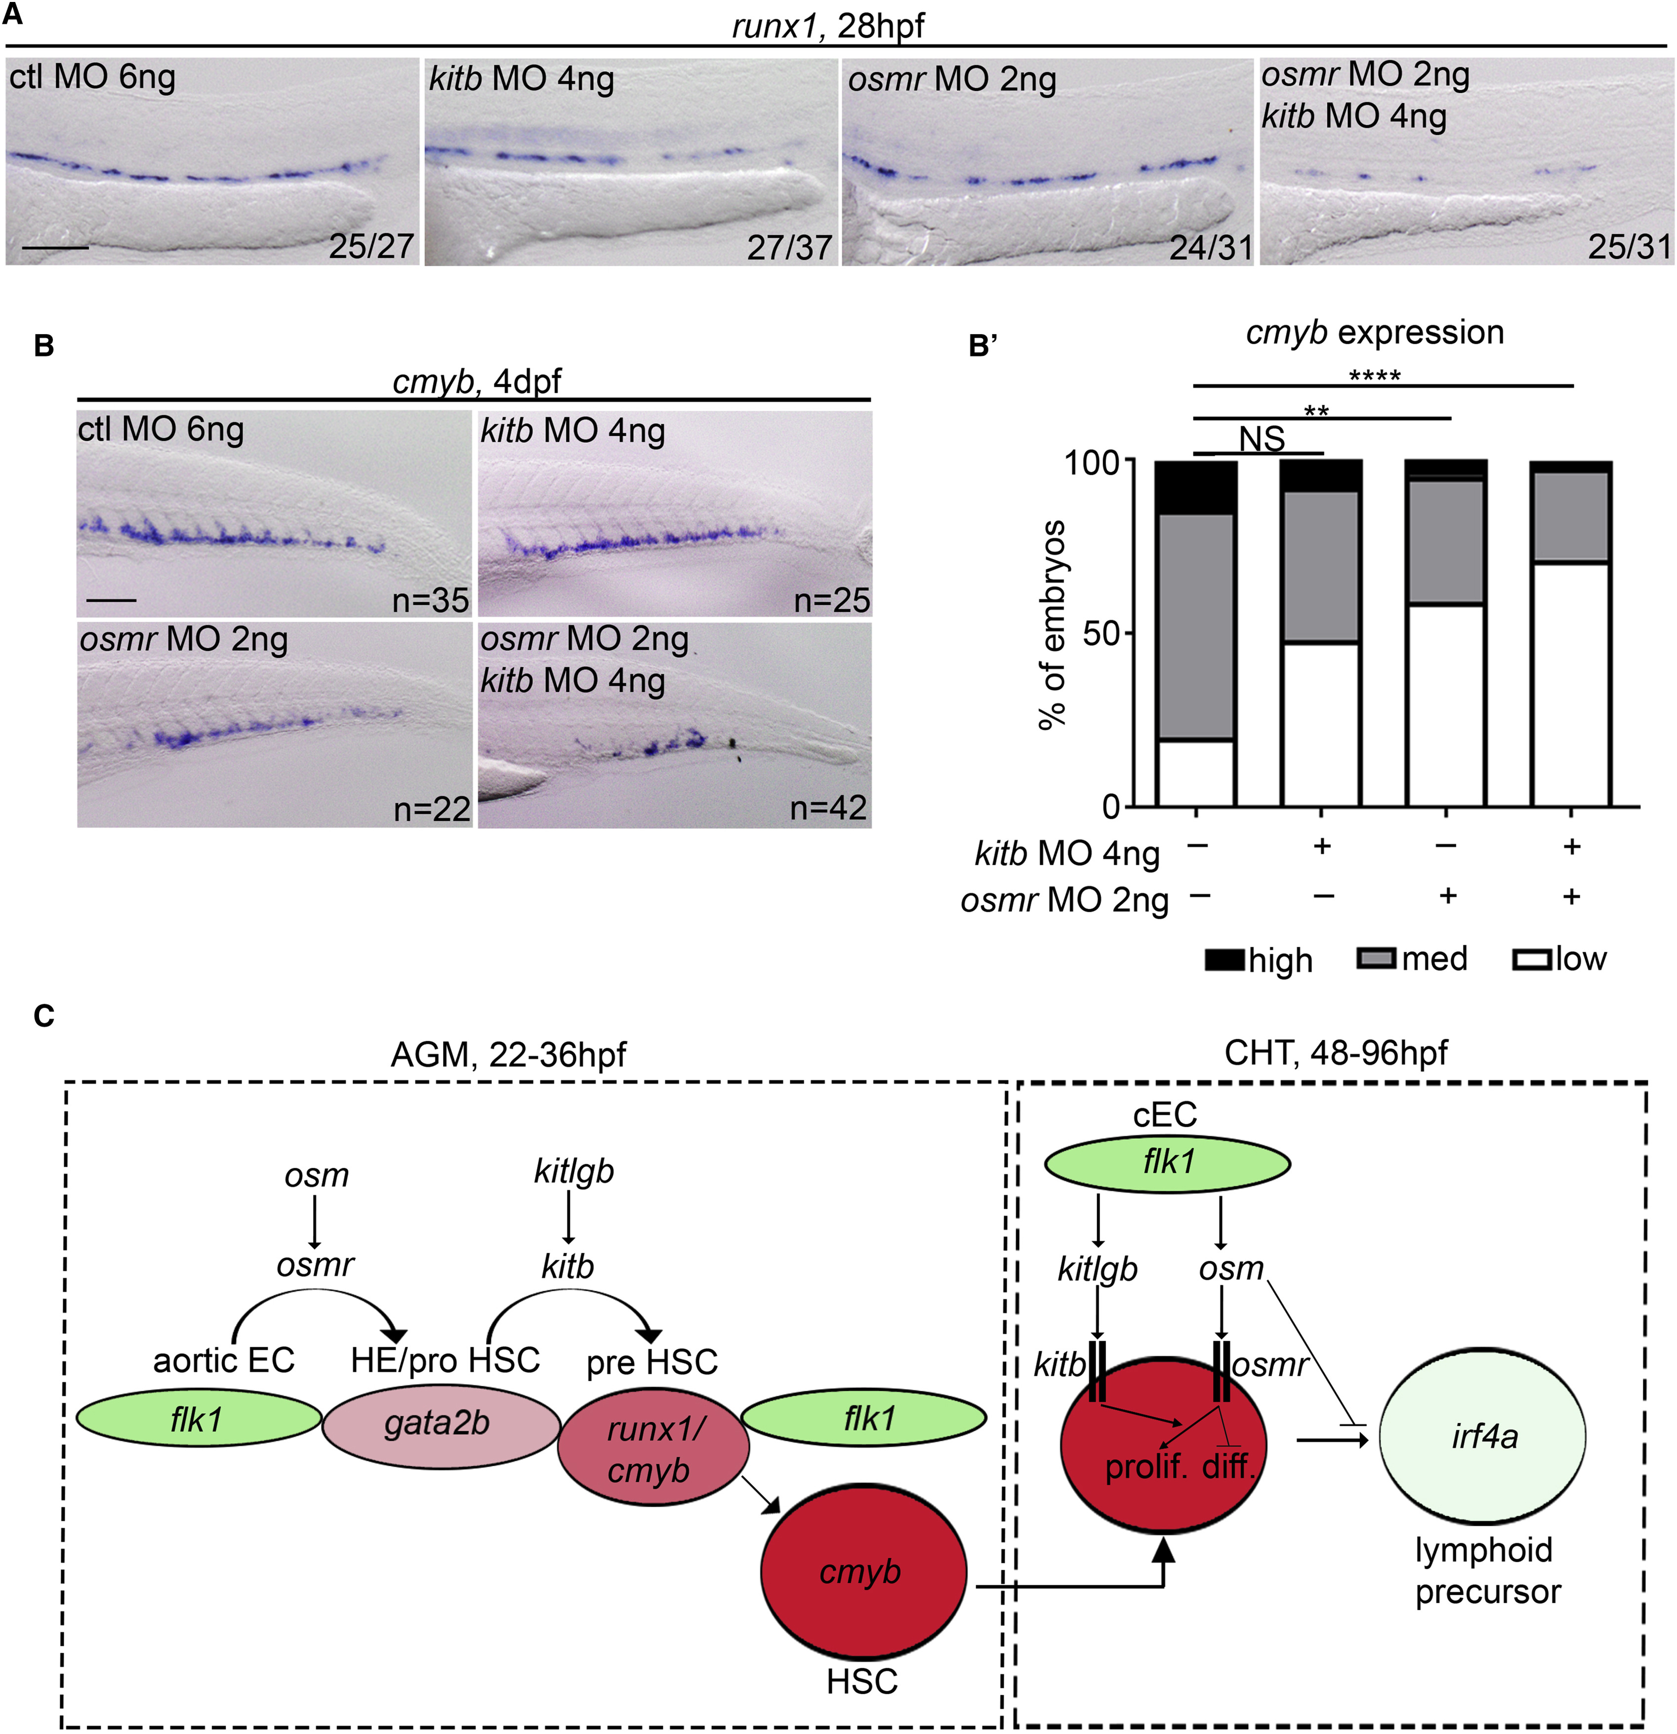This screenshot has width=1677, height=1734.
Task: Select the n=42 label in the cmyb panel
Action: point(828,808)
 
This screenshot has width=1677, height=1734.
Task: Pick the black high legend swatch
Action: point(1225,960)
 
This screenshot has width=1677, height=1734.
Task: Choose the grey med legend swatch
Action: point(1376,958)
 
